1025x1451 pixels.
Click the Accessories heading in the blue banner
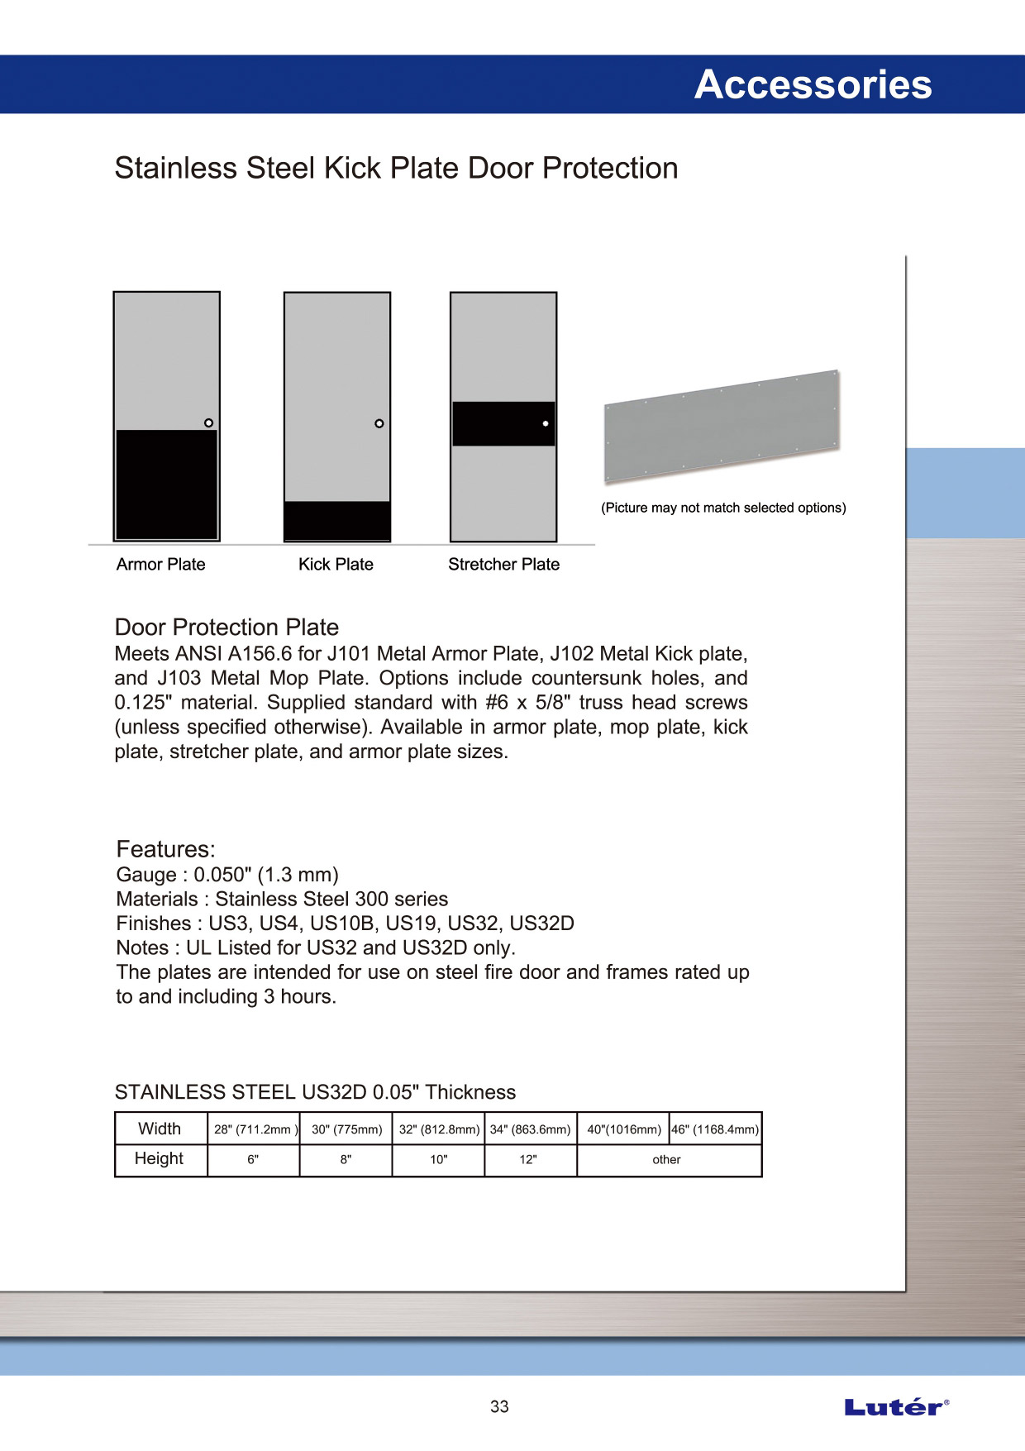click(813, 84)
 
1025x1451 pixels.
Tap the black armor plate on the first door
click(166, 484)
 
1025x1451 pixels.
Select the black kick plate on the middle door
click(336, 520)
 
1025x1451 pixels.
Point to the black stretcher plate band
click(503, 423)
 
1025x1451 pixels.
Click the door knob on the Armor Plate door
click(208, 422)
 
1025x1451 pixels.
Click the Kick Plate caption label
click(336, 564)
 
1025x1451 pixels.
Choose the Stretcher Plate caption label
click(503, 564)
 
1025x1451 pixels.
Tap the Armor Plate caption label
click(160, 564)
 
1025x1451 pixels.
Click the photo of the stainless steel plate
click(722, 425)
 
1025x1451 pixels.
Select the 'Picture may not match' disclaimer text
click(723, 508)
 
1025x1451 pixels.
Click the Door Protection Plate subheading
click(226, 627)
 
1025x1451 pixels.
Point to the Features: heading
click(165, 849)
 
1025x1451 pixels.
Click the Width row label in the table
click(160, 1129)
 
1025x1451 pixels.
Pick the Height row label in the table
click(160, 1158)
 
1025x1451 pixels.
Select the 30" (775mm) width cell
click(346, 1129)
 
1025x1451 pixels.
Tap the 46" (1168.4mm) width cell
click(715, 1129)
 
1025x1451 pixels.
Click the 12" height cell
click(528, 1159)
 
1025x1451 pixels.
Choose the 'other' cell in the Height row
click(666, 1159)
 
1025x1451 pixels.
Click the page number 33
click(499, 1406)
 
